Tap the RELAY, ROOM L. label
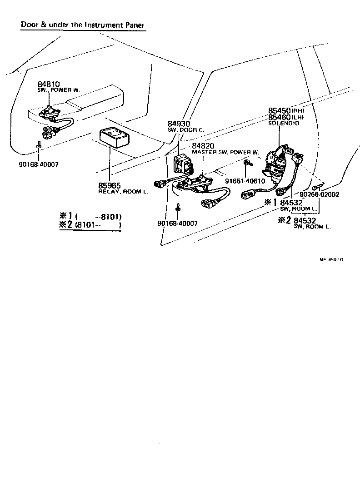(x=123, y=192)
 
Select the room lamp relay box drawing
(x=115, y=138)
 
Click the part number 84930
(x=178, y=124)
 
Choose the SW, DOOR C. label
(x=185, y=130)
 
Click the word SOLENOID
(x=284, y=123)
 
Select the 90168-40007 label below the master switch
(x=177, y=223)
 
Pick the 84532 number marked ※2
(x=305, y=220)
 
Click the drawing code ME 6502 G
(x=331, y=259)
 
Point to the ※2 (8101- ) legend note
(x=90, y=224)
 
